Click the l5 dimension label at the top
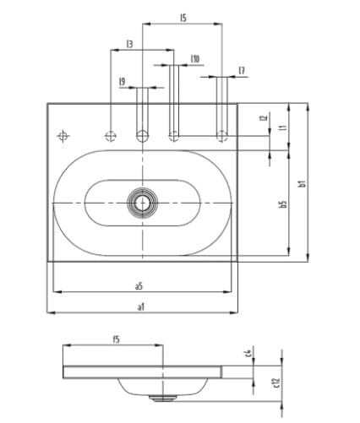pyautogui.click(x=183, y=17)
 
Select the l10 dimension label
pyautogui.click(x=195, y=59)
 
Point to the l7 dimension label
pyautogui.click(x=242, y=71)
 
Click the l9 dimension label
pyautogui.click(x=123, y=81)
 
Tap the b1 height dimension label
pyautogui.click(x=302, y=182)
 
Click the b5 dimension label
pyautogui.click(x=283, y=204)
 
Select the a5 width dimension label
pyautogui.click(x=139, y=285)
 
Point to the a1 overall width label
pyautogui.click(x=141, y=306)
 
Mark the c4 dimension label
pyautogui.click(x=248, y=352)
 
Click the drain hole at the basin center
pyautogui.click(x=143, y=203)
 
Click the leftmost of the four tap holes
pyautogui.click(x=110, y=135)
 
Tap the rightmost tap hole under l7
pyautogui.click(x=222, y=134)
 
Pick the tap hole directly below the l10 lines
pyautogui.click(x=174, y=134)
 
